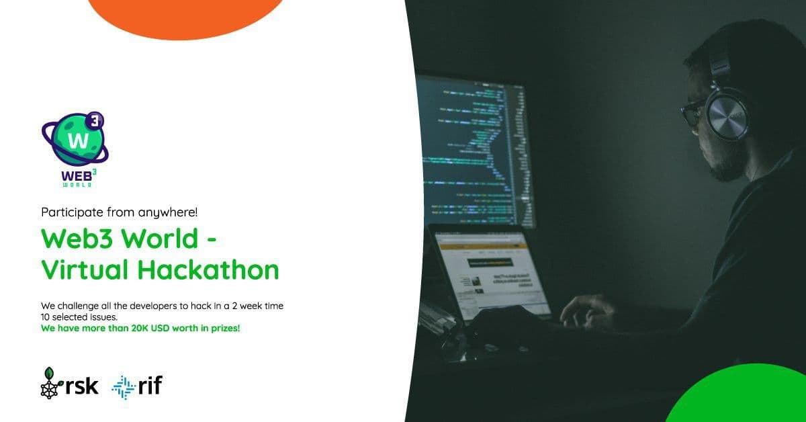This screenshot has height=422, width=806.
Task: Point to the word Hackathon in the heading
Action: [x=208, y=269]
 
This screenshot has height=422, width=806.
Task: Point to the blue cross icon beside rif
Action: [x=123, y=386]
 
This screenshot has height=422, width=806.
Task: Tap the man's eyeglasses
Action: [x=692, y=113]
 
